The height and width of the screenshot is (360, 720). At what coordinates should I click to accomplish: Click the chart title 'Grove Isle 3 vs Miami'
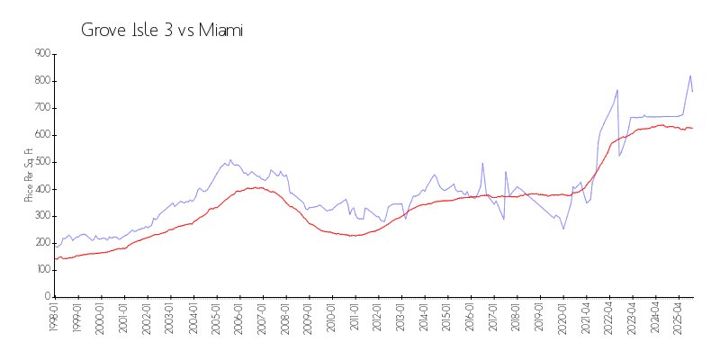point(162,31)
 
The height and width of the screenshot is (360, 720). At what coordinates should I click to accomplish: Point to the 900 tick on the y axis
point(41,54)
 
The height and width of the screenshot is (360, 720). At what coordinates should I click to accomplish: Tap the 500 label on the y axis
point(41,162)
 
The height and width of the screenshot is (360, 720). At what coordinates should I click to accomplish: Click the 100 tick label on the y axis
point(41,270)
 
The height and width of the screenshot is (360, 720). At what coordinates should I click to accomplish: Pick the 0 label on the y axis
point(47,297)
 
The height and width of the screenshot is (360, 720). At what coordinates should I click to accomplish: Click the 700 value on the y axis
point(41,108)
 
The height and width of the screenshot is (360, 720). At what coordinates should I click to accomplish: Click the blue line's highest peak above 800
point(690,76)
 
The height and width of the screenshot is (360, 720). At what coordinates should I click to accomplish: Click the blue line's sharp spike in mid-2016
point(483,163)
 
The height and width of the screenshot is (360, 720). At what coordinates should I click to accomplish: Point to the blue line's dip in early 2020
point(564,229)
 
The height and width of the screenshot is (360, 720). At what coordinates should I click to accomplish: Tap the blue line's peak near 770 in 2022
point(617,89)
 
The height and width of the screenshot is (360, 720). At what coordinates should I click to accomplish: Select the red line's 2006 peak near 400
point(256,187)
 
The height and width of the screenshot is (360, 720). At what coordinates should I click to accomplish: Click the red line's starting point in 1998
point(55,258)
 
